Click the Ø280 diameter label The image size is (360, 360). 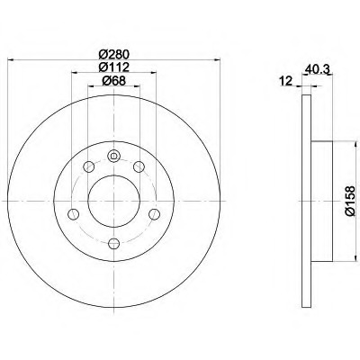click(114, 54)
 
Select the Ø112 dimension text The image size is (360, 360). click(114, 67)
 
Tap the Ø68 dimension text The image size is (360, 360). click(114, 81)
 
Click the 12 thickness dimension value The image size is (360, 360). click(285, 81)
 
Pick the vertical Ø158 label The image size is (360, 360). click(350, 201)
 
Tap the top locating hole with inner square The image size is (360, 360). click(113, 156)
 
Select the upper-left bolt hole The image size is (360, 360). click(89, 166)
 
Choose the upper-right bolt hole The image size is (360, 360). click(139, 166)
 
